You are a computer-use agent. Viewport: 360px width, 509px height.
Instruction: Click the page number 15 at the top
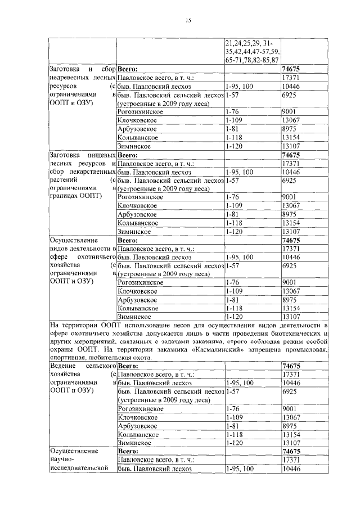pos(188,21)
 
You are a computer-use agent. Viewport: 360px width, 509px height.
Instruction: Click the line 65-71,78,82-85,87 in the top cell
pos(251,58)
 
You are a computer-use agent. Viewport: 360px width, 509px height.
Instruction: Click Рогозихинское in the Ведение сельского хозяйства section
pos(141,408)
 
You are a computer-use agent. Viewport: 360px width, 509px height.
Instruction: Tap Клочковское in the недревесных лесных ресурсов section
pos(137,120)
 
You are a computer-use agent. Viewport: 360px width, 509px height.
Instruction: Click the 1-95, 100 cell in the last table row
pos(240,469)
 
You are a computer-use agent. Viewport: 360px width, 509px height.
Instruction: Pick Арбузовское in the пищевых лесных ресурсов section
pos(137,214)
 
